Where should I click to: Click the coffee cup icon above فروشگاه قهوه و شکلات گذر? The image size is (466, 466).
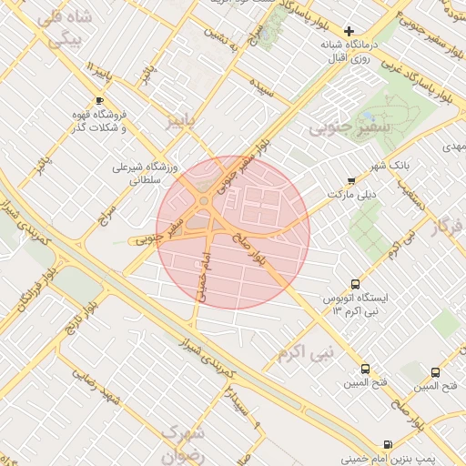point(99,100)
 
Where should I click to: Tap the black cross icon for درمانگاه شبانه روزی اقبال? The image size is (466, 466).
point(349,31)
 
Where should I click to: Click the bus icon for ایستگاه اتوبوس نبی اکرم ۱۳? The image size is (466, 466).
point(354,284)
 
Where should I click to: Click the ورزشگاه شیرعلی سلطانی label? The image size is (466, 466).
point(136,174)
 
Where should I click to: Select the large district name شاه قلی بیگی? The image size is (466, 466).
point(70,30)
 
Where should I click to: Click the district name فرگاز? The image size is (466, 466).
point(450,227)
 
